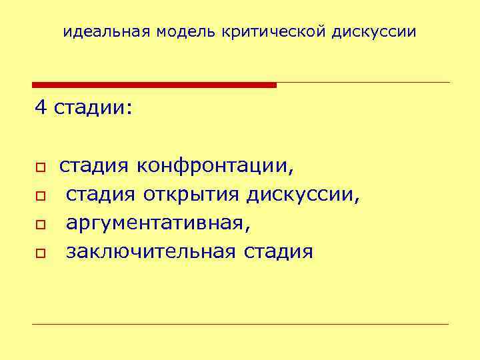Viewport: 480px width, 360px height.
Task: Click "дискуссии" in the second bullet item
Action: pos(303,195)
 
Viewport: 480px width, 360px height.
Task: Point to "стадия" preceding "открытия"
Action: pos(101,195)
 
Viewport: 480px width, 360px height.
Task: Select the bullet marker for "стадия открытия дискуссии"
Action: pos(40,196)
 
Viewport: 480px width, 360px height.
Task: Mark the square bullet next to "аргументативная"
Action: pos(40,225)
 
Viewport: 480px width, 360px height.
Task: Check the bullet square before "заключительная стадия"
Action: pos(40,253)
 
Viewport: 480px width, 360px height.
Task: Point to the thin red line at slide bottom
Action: pos(240,325)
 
